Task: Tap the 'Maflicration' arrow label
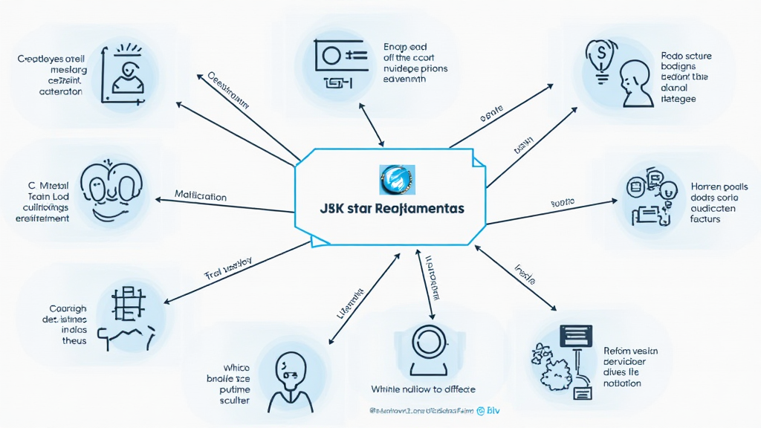[x=201, y=196]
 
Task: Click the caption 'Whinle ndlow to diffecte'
[x=423, y=389]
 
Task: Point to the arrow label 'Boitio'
[x=563, y=203]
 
